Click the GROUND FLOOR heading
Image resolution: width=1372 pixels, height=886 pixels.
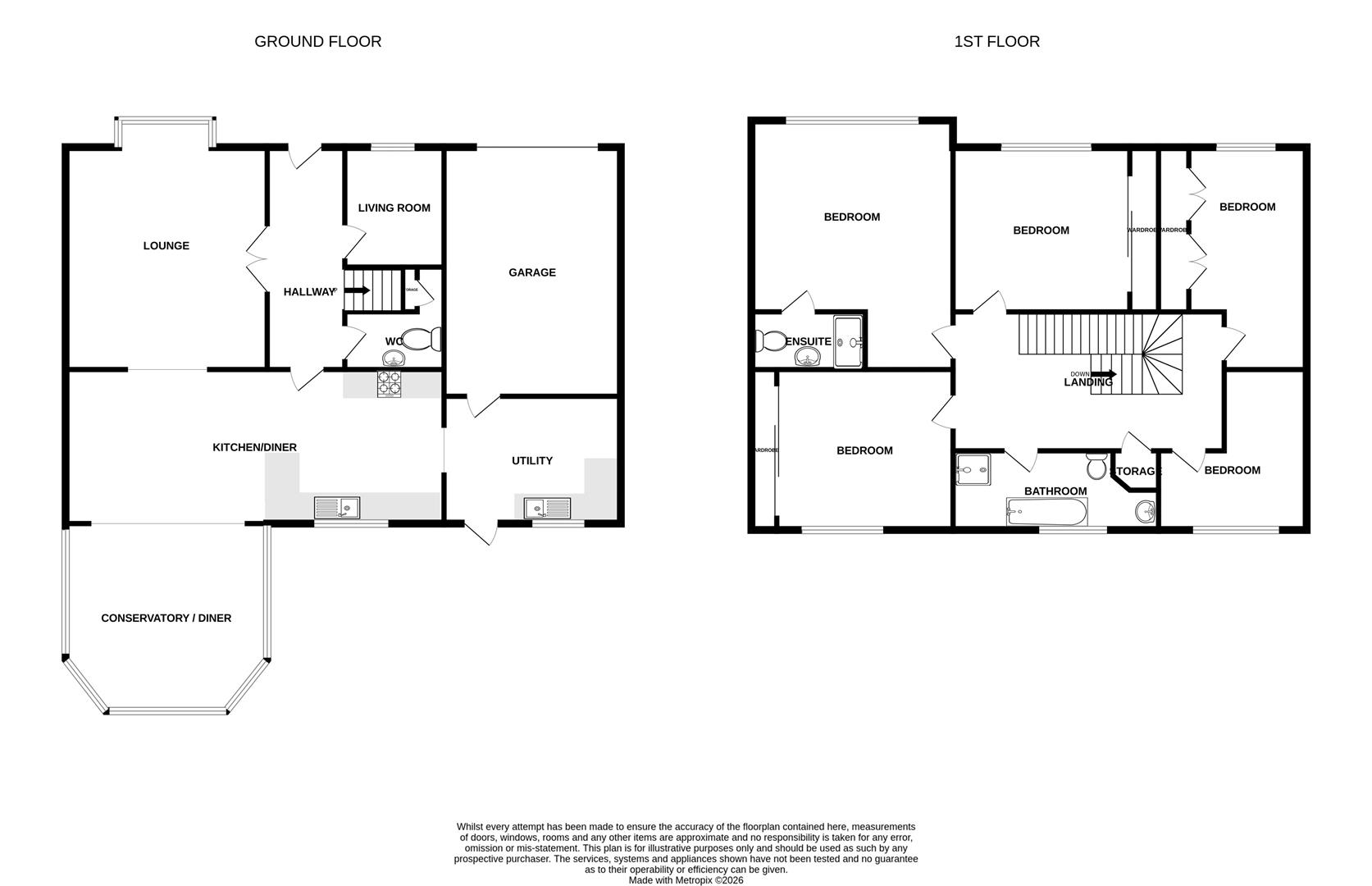pyautogui.click(x=317, y=42)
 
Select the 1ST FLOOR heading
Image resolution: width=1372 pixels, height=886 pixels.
pyautogui.click(x=996, y=42)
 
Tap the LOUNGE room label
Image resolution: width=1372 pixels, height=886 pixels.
pyautogui.click(x=166, y=245)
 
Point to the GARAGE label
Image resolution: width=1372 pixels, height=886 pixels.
pyautogui.click(x=531, y=272)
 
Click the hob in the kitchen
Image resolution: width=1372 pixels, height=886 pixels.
pyautogui.click(x=389, y=384)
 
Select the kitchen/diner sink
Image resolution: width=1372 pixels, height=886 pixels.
pyautogui.click(x=337, y=508)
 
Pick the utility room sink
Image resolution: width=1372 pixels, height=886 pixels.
pyautogui.click(x=548, y=508)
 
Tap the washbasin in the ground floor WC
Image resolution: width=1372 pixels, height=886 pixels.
pyautogui.click(x=394, y=358)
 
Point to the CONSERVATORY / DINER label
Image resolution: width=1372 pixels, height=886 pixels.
pyautogui.click(x=166, y=618)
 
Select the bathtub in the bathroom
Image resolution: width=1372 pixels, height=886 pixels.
pyautogui.click(x=1046, y=514)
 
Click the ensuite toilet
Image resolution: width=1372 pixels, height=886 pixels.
pyautogui.click(x=769, y=340)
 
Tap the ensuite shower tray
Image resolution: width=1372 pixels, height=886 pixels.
pyautogui.click(x=848, y=341)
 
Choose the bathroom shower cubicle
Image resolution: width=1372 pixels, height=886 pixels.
pyautogui.click(x=973, y=470)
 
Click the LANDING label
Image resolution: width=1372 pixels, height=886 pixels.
pyautogui.click(x=1088, y=382)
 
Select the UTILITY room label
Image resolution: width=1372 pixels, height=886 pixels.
pyautogui.click(x=531, y=460)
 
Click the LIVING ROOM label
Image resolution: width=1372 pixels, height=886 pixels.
pyautogui.click(x=394, y=208)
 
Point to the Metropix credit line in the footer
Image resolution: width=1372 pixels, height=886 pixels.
pyautogui.click(x=686, y=879)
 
